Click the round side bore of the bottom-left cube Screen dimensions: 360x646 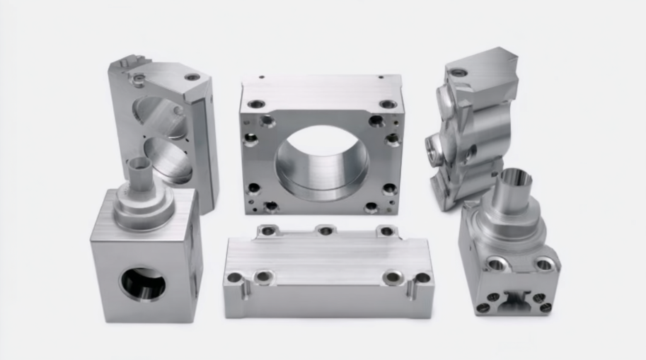(143, 283)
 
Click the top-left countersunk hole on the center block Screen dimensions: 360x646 (256, 104)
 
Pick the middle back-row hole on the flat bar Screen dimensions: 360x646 (325, 231)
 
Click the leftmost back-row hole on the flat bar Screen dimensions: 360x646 (267, 230)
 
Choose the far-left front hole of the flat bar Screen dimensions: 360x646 (234, 277)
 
